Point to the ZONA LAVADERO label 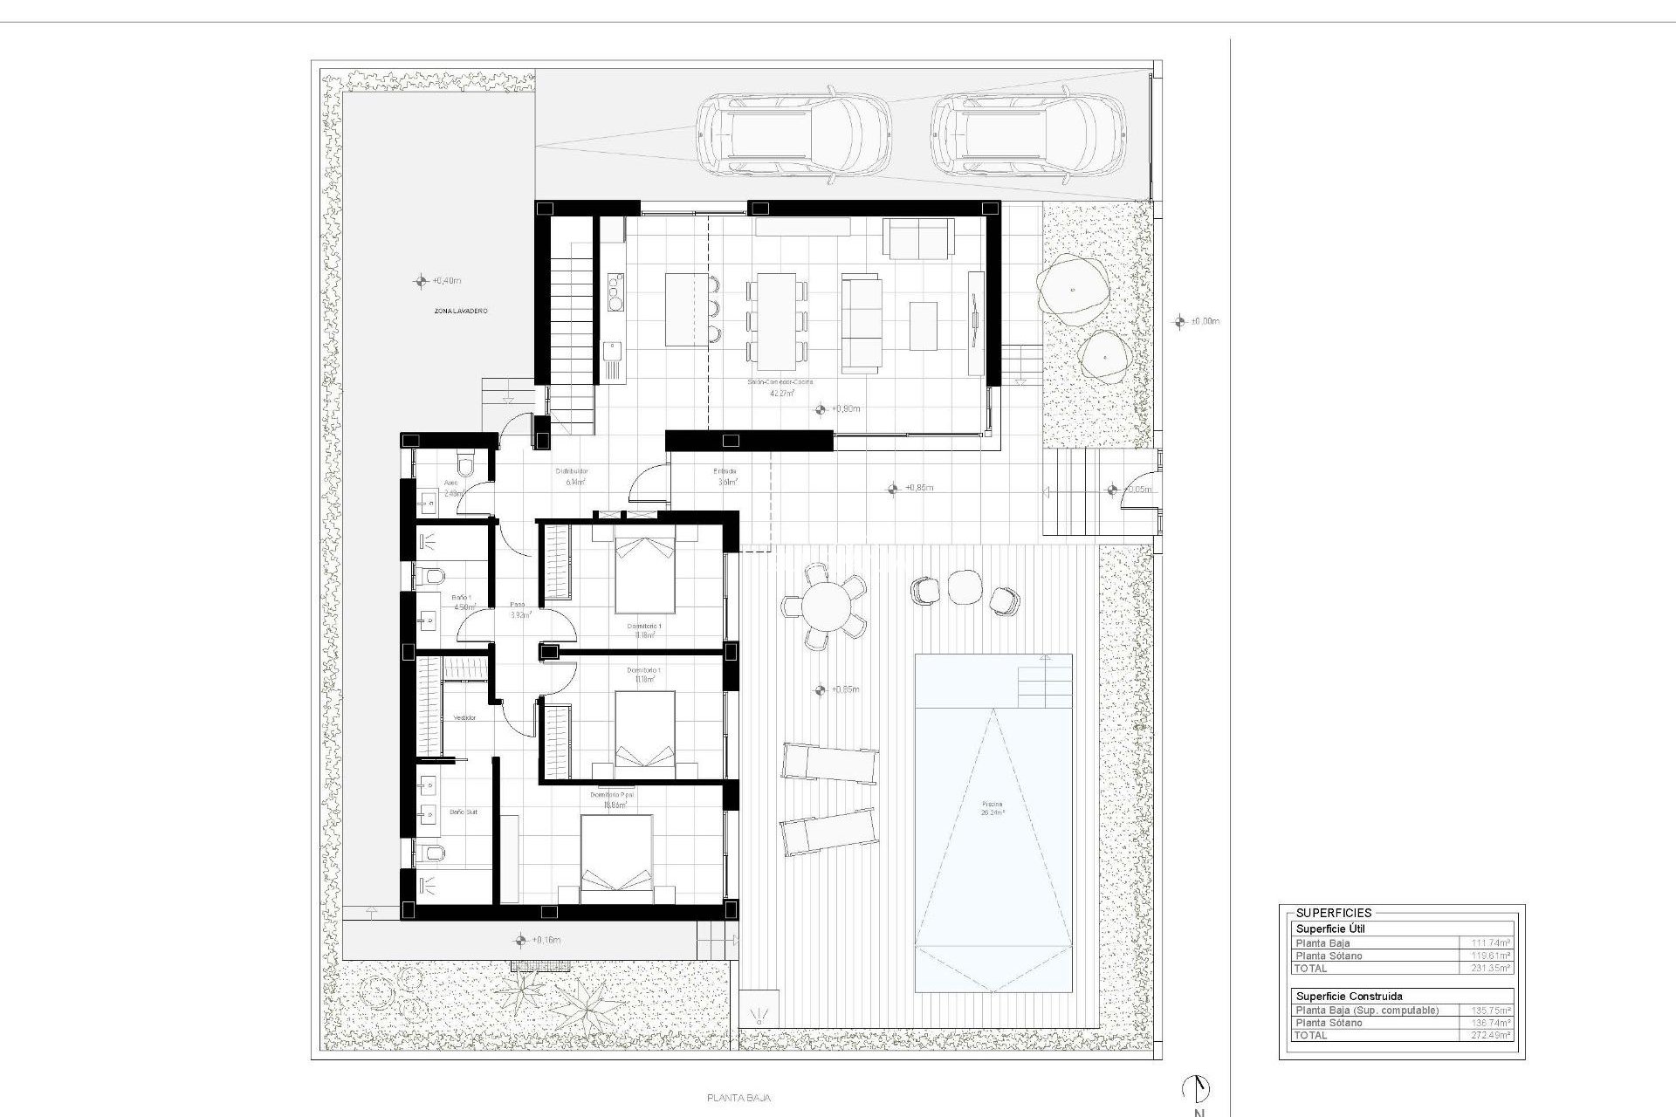point(461,311)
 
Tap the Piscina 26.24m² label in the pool point(992,808)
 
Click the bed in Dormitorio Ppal point(616,859)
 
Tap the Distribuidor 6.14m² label point(573,476)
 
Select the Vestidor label point(464,717)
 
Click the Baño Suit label point(463,812)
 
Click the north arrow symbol point(1197,1089)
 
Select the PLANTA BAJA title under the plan point(738,1099)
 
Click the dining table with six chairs point(776,321)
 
